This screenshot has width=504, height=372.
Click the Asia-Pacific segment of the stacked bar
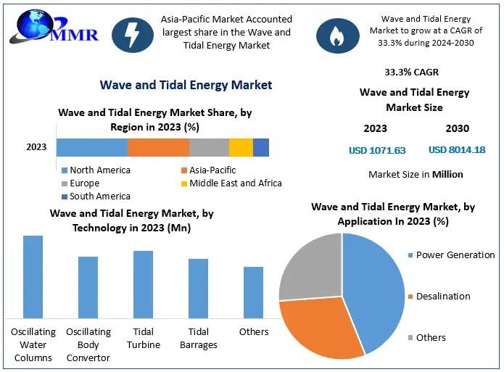pyautogui.click(x=158, y=147)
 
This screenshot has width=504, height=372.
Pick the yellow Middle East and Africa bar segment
pyautogui.click(x=241, y=147)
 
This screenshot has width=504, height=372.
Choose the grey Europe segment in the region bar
pyautogui.click(x=209, y=147)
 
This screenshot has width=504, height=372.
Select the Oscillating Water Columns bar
pyautogui.click(x=33, y=276)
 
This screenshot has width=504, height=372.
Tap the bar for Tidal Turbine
pyautogui.click(x=144, y=284)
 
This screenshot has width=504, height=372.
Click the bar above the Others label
pyautogui.click(x=254, y=292)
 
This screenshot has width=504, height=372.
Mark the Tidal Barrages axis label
pyautogui.click(x=198, y=338)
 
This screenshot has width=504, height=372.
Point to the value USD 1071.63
pyautogui.click(x=377, y=151)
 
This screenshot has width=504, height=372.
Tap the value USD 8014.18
pyautogui.click(x=457, y=150)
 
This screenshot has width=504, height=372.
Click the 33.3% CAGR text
pyautogui.click(x=411, y=73)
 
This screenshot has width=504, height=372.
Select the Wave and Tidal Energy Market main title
pyautogui.click(x=186, y=86)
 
